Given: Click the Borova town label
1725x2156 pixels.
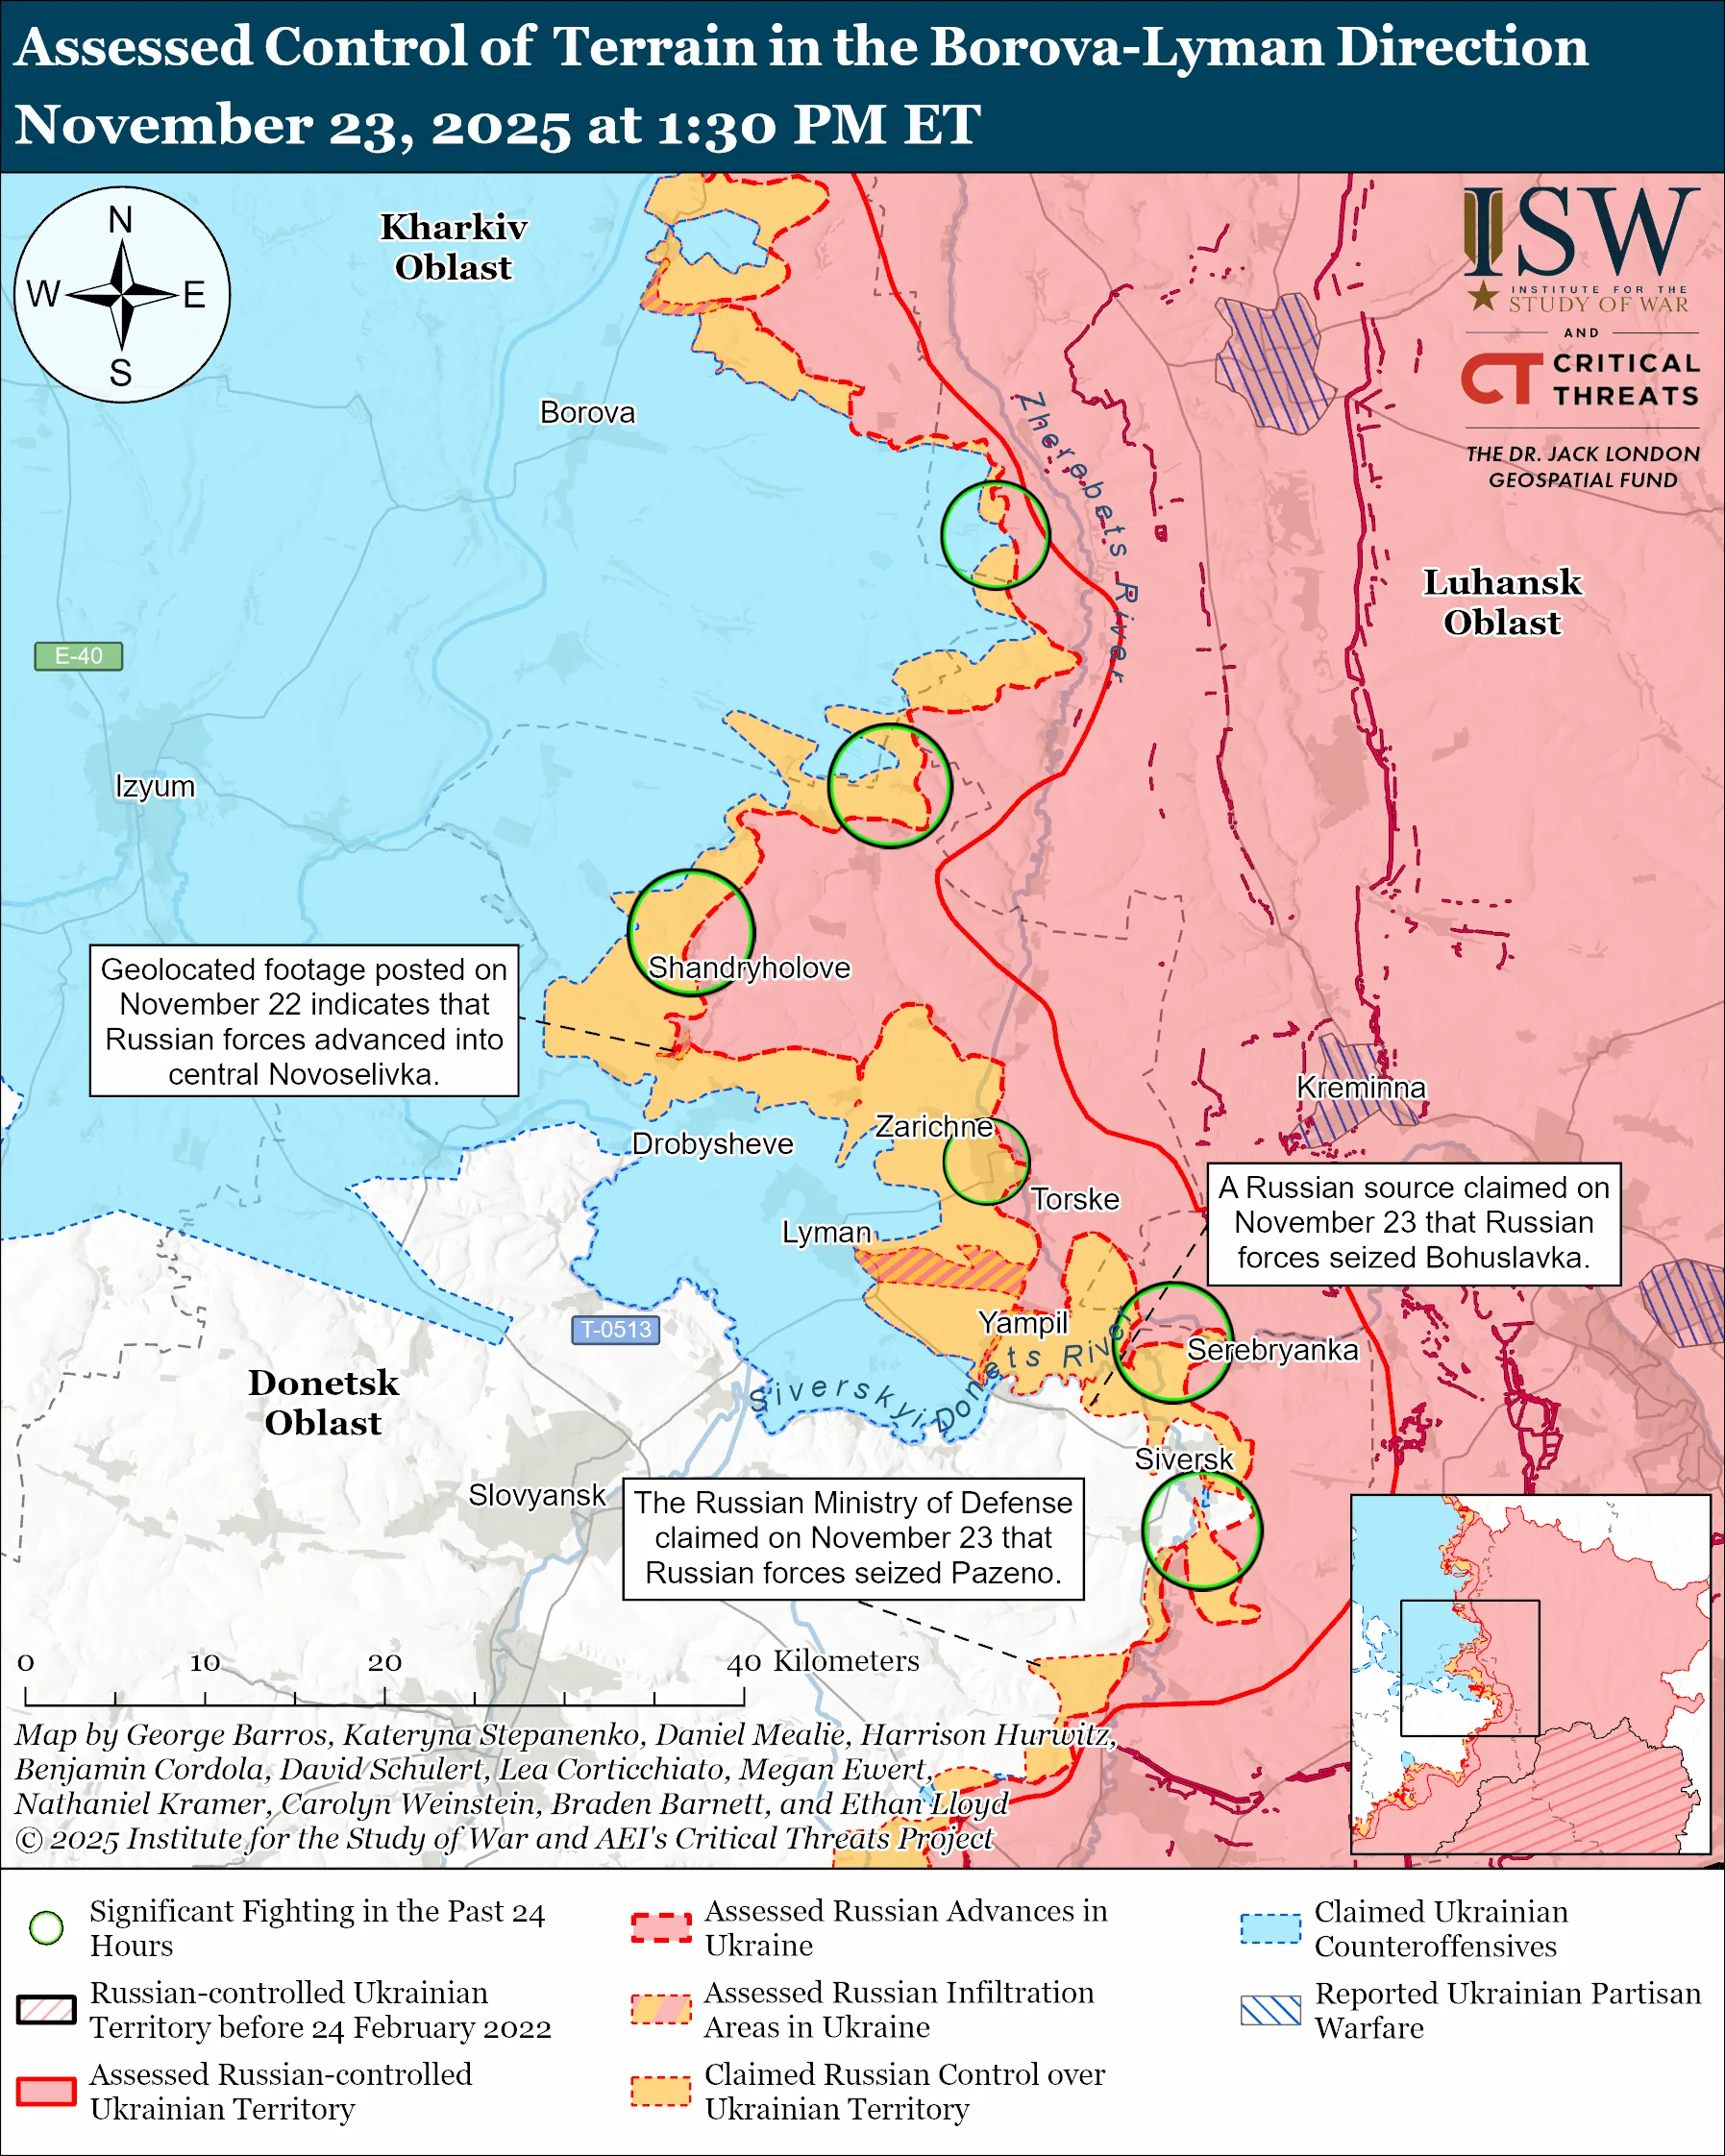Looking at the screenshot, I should (587, 412).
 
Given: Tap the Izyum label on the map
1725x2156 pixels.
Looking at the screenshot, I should (155, 786).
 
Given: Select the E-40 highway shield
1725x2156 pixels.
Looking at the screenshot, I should (78, 656).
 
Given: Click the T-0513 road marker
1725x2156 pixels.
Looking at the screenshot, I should (615, 1329).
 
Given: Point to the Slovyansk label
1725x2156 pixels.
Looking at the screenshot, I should (537, 1495).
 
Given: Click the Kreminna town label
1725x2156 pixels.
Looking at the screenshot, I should (1360, 1087).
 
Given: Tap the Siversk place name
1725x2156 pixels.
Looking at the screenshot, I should (1184, 1459).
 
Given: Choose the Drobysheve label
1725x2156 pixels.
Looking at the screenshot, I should (712, 1143).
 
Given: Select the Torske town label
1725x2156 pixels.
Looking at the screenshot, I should (1075, 1199).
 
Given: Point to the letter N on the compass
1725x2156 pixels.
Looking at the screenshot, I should (121, 220).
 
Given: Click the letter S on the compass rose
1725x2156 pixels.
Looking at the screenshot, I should (121, 373).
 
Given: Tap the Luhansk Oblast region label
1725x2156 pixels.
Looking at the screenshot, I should (1502, 602).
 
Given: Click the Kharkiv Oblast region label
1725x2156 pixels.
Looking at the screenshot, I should (453, 247).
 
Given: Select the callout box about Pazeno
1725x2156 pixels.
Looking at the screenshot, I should (853, 1538).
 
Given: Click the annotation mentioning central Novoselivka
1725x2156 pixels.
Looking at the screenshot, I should (304, 1021).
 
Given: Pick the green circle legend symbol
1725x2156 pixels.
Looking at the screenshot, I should (47, 1928).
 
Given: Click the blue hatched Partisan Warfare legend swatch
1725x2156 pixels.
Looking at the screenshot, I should (1270, 2010).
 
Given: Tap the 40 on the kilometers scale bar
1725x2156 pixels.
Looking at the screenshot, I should (744, 1662).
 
